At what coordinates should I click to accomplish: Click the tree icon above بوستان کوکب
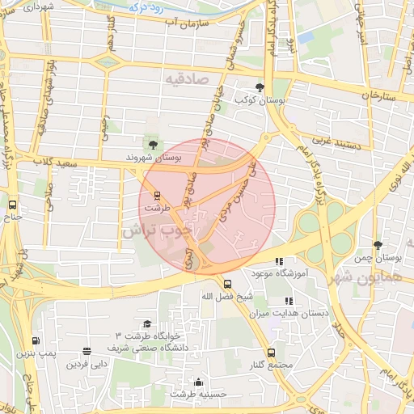[x=260, y=87]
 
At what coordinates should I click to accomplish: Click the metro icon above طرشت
[x=157, y=195]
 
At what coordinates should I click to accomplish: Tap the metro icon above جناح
[x=12, y=205]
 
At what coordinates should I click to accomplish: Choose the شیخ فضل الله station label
[x=228, y=297]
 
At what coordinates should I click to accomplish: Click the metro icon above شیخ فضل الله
[x=228, y=284]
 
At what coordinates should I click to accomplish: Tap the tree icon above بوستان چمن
[x=378, y=244]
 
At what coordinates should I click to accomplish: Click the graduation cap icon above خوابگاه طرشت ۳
[x=146, y=323]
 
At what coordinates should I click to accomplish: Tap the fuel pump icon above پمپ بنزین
[x=35, y=341]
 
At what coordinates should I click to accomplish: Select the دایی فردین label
[x=87, y=364]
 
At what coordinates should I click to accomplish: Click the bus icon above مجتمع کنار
[x=271, y=353]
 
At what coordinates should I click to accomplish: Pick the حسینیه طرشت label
[x=199, y=395]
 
